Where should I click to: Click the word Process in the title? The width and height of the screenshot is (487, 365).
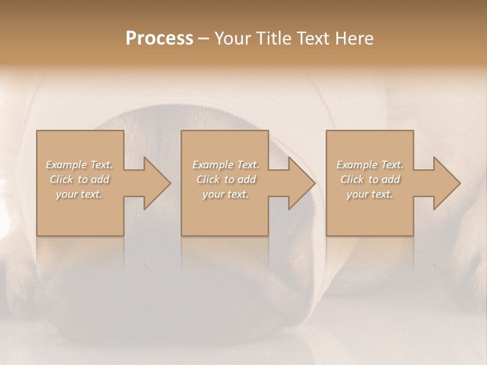point(159,39)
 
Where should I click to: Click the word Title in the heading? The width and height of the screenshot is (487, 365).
point(274,39)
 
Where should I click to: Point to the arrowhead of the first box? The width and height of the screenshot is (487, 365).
point(155,183)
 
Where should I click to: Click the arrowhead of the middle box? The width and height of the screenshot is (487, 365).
point(300,183)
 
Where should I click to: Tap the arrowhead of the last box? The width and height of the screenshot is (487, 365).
point(445,183)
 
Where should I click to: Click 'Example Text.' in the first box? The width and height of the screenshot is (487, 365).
point(79,165)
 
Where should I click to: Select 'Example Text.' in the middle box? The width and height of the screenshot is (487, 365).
point(226,165)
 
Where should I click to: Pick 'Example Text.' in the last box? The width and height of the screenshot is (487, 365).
point(370,165)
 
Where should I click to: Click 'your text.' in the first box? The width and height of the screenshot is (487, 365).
point(79,194)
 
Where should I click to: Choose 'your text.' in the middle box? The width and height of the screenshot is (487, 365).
point(226,194)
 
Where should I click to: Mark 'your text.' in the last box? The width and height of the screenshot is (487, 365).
point(370,194)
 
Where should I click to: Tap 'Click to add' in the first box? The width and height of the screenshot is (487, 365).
point(79,179)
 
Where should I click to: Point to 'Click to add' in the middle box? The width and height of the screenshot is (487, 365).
point(226,179)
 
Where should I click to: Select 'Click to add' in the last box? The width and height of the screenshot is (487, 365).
point(370,179)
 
